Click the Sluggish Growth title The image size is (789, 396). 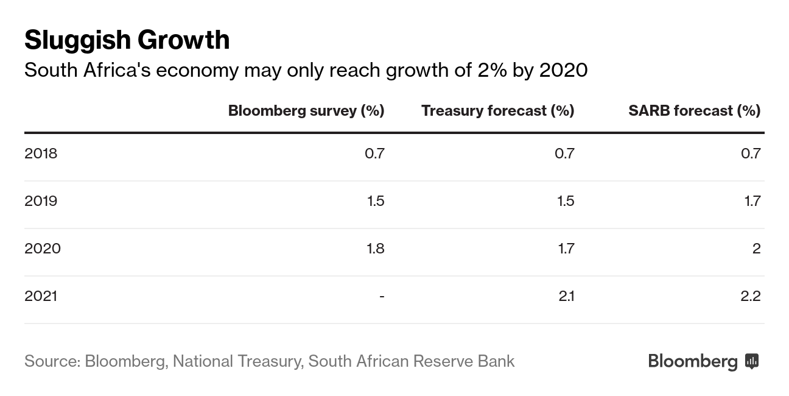click(x=127, y=40)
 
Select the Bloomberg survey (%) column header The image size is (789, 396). click(x=306, y=110)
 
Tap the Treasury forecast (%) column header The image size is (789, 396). click(x=497, y=110)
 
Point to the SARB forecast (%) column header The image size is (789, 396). click(x=694, y=110)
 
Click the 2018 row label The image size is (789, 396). click(x=41, y=153)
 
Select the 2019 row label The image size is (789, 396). click(x=41, y=200)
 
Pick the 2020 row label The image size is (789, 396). click(x=43, y=248)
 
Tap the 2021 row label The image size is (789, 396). click(x=41, y=295)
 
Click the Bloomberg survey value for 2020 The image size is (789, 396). click(x=374, y=248)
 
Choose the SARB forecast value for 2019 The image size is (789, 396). click(x=752, y=200)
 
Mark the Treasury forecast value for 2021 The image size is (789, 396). click(x=566, y=295)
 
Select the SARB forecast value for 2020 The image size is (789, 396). click(x=756, y=248)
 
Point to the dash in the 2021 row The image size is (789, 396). click(x=382, y=296)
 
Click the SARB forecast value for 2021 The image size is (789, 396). click(x=750, y=295)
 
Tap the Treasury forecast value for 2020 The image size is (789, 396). click(x=566, y=248)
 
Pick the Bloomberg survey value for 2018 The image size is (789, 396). click(x=374, y=153)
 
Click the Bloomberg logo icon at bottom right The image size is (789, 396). click(x=752, y=361)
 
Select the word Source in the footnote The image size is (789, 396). click(x=52, y=361)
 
